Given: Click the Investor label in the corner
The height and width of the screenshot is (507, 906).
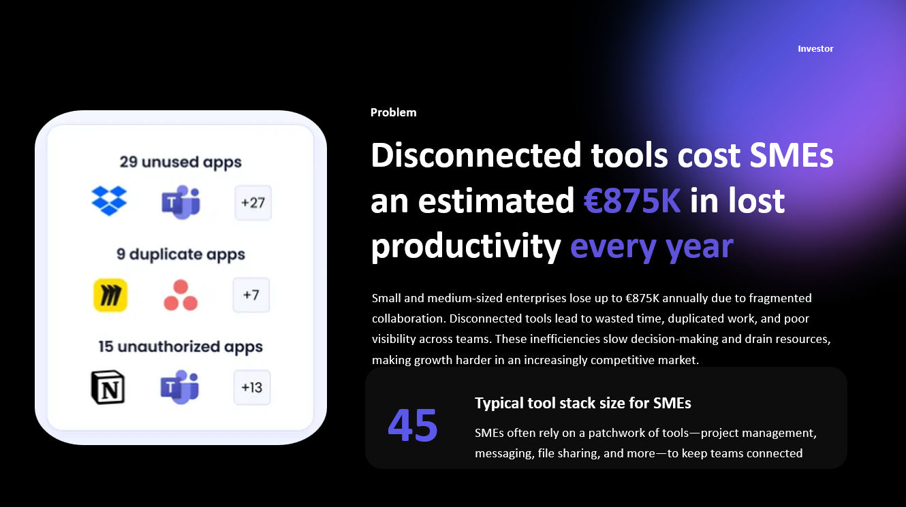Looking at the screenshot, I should (815, 49).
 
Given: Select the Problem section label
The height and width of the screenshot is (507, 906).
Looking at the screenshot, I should (393, 112).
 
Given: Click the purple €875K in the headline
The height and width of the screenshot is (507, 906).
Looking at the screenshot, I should (632, 201).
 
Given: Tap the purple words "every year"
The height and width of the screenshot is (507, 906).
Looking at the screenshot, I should (651, 246).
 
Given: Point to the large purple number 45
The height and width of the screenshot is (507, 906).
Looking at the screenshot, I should (413, 425).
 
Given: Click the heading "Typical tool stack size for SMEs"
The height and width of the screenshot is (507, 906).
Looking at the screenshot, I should (582, 404).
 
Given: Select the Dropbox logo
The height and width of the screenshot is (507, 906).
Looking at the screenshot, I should (109, 201).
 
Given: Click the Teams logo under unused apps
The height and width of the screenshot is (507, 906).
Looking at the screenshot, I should (181, 202).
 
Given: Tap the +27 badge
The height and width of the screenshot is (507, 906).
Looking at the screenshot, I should (253, 203).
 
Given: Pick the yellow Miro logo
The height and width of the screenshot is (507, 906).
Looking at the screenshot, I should (110, 295).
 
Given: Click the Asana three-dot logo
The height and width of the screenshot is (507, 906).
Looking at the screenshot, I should (181, 295).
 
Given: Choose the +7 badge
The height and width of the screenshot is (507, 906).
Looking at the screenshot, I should (251, 295).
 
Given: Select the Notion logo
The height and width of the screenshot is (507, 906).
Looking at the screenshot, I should (108, 388).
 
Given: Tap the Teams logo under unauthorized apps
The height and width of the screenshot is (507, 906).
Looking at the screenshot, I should (180, 387).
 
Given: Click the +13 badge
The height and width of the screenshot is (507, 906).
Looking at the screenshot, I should (251, 387).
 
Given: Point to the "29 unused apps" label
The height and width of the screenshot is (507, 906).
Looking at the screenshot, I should (181, 162).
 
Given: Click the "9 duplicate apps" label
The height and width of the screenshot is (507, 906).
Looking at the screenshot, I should (181, 255).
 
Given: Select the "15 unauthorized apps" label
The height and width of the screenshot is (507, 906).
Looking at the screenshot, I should (181, 346).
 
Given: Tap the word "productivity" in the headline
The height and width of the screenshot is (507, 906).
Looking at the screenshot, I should (465, 246).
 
